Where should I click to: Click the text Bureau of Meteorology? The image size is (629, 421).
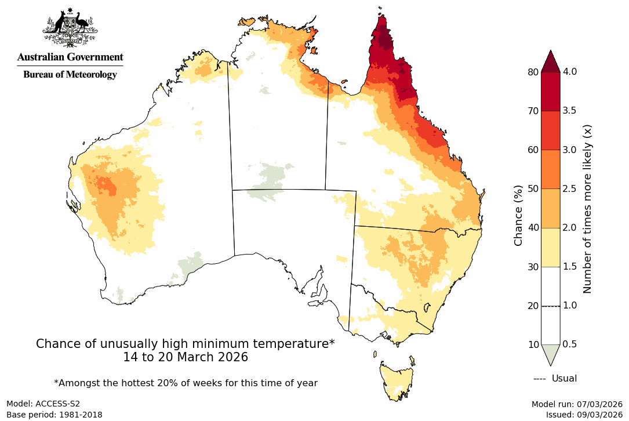pos(70,74)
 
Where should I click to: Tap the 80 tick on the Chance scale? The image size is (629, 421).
pos(532,72)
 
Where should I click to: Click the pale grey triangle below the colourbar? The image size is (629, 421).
pos(550,353)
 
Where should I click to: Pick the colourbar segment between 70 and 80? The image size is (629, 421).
pos(550,91)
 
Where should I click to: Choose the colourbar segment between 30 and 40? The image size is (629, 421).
pos(550,247)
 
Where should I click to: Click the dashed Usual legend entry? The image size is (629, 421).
pos(555,379)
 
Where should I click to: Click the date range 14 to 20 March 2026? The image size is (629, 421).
pos(186,357)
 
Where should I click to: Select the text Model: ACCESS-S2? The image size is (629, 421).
pos(43,404)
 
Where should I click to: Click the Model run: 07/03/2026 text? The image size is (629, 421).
pos(577,404)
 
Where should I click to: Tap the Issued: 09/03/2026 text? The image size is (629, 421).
pos(584,415)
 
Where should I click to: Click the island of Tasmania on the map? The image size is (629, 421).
pos(397,380)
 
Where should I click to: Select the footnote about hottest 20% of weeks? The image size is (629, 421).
pos(186,383)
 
